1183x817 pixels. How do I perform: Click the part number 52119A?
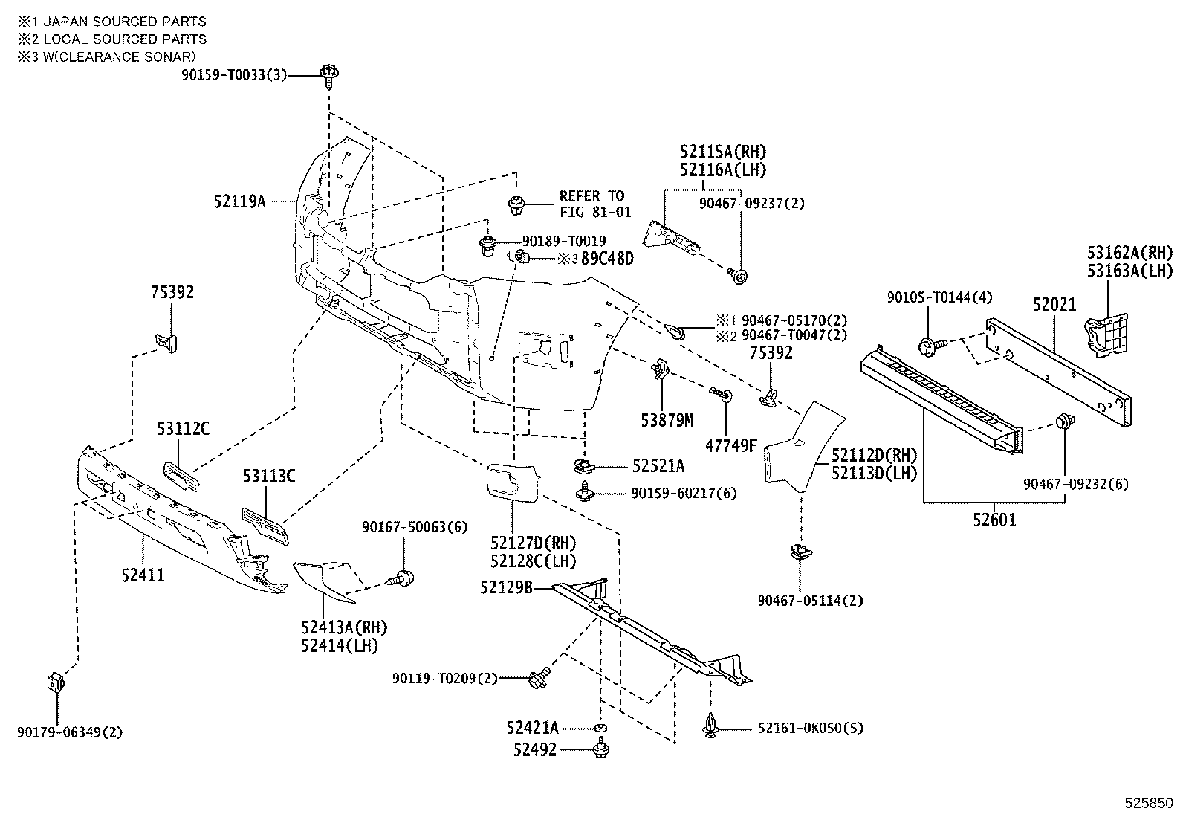(x=239, y=201)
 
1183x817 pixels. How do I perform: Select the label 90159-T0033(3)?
(x=233, y=75)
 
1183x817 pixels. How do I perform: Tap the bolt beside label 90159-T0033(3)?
(x=328, y=74)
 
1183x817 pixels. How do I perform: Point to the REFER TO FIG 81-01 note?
(x=595, y=204)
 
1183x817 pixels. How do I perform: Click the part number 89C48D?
(x=607, y=259)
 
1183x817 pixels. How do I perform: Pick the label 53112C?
(x=183, y=428)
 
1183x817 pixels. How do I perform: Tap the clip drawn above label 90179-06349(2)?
(x=56, y=681)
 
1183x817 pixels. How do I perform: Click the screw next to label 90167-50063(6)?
(x=404, y=578)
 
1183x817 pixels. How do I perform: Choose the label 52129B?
(x=507, y=587)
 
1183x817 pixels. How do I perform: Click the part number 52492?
(x=534, y=750)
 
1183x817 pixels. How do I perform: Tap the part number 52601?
(x=994, y=520)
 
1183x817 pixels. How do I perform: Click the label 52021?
(x=1054, y=305)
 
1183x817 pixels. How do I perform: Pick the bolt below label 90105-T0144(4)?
(x=929, y=345)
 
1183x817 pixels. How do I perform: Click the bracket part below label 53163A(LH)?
(x=1107, y=335)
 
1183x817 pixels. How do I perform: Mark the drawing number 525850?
(x=1147, y=804)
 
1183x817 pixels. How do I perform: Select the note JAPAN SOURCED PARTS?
(x=120, y=22)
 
